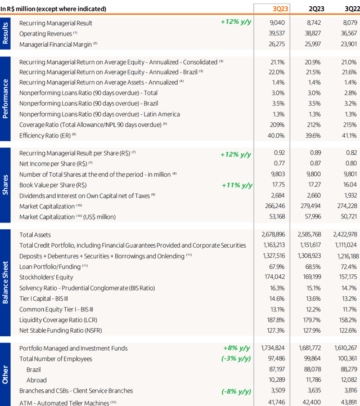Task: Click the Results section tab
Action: click(x=5, y=33)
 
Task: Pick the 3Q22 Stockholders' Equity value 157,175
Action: click(x=345, y=277)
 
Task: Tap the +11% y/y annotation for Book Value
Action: click(x=236, y=185)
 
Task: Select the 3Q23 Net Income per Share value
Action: click(x=280, y=163)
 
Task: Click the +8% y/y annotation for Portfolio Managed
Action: click(x=237, y=349)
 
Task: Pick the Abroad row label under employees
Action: click(x=37, y=380)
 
